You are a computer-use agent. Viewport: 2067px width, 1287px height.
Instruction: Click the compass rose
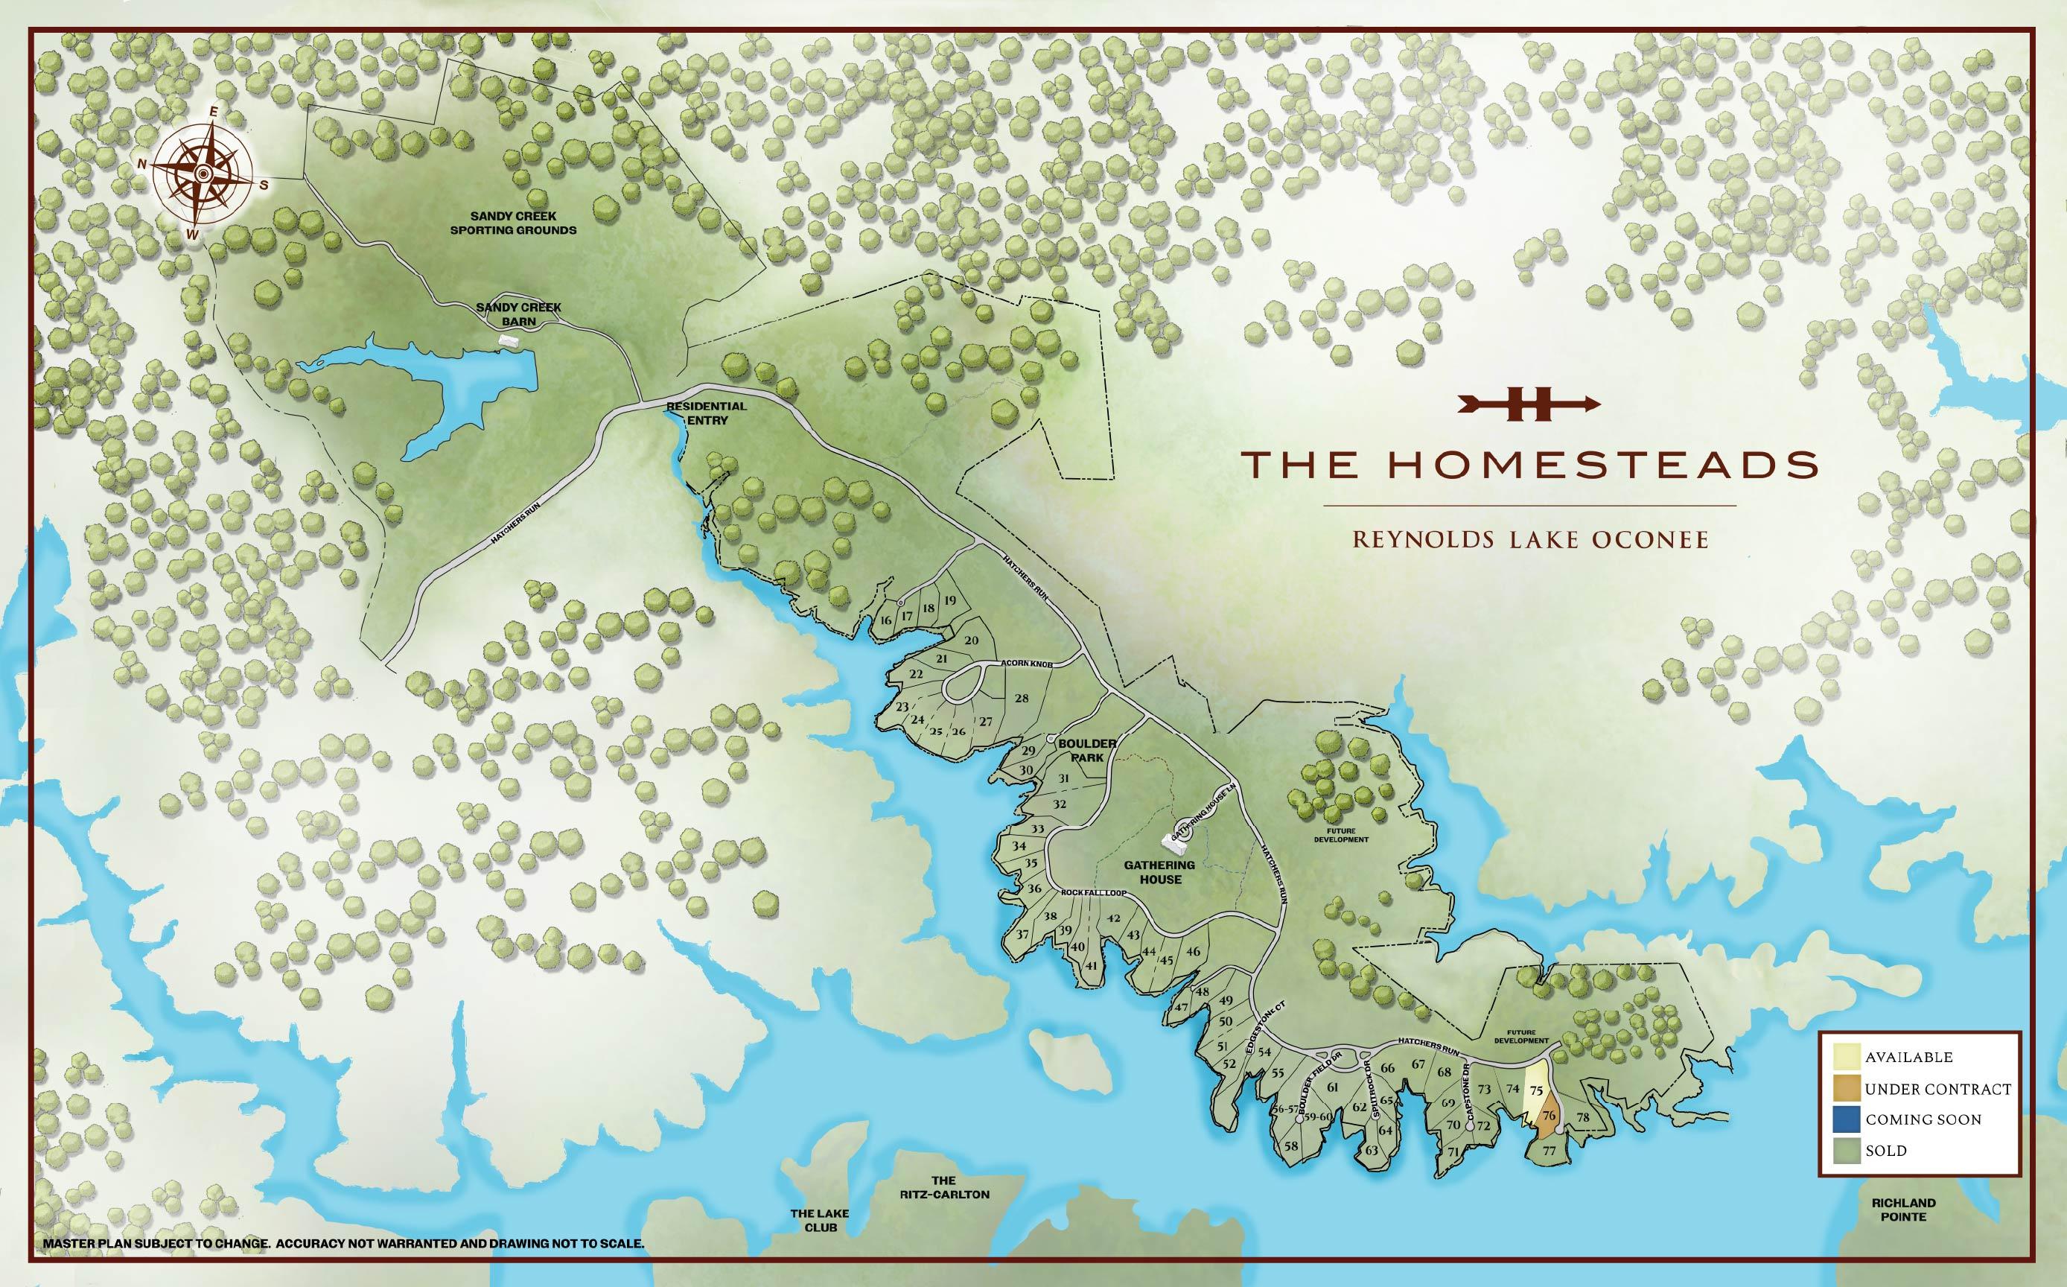click(x=202, y=174)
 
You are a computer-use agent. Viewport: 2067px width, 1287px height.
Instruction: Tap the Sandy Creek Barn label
click(x=518, y=314)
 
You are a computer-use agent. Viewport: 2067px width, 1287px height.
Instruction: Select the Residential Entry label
click(x=707, y=413)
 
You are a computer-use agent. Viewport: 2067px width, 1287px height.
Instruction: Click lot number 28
click(x=1022, y=699)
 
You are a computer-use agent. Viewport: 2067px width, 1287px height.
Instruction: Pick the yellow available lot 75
click(x=1536, y=1090)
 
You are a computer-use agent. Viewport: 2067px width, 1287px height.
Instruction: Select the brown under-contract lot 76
click(x=1549, y=1116)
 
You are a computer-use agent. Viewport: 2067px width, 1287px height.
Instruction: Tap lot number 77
click(x=1549, y=1151)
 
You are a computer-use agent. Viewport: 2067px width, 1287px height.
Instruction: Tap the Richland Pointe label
click(x=1904, y=1210)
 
